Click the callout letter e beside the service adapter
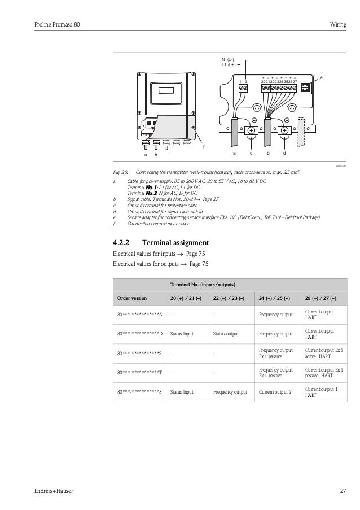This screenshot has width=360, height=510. [321, 77]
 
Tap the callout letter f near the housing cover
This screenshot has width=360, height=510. [204, 147]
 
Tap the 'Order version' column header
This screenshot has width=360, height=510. [131, 298]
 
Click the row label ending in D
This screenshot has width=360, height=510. [139, 333]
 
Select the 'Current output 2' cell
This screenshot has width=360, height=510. [275, 391]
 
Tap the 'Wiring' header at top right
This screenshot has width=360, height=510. [338, 24]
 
